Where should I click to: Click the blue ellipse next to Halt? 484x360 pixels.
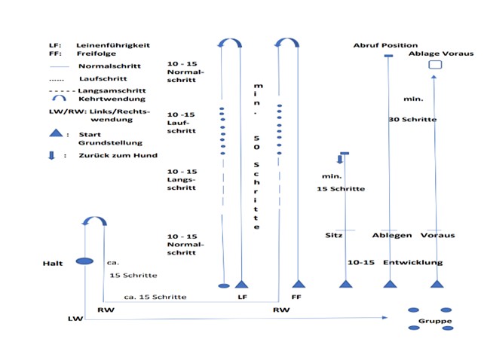[85, 261]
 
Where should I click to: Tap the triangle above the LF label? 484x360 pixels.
[242, 284]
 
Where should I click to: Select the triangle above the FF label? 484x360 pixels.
[299, 284]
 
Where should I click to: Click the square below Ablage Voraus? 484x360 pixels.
[434, 66]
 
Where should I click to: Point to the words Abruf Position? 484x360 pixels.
[385, 45]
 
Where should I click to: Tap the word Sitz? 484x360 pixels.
[335, 235]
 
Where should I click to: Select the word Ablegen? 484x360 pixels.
[391, 235]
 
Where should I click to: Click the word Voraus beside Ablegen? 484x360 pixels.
[438, 235]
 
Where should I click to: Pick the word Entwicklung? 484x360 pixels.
[412, 262]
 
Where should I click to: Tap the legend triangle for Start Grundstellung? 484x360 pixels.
[56, 133]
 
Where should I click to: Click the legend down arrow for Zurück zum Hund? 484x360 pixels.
[51, 155]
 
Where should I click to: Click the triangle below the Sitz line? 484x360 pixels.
[346, 284]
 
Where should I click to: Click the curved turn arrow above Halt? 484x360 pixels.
[95, 220]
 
